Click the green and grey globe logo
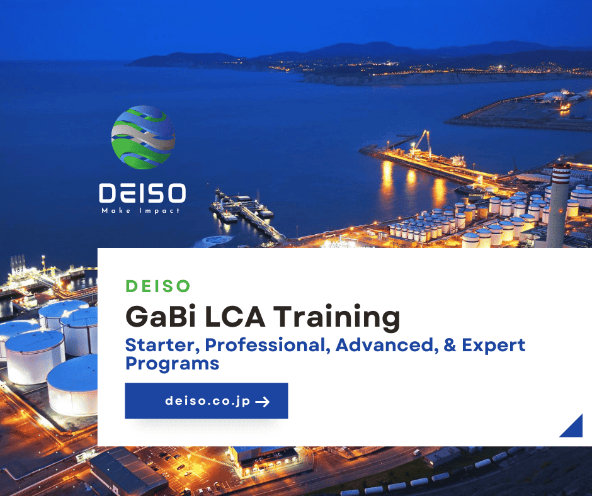click(143, 137)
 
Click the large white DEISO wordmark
click(142, 193)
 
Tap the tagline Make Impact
click(141, 210)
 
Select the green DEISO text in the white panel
click(157, 286)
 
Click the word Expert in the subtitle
click(494, 346)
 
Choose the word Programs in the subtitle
click(172, 364)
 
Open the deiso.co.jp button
click(206, 401)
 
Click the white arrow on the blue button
click(263, 402)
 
